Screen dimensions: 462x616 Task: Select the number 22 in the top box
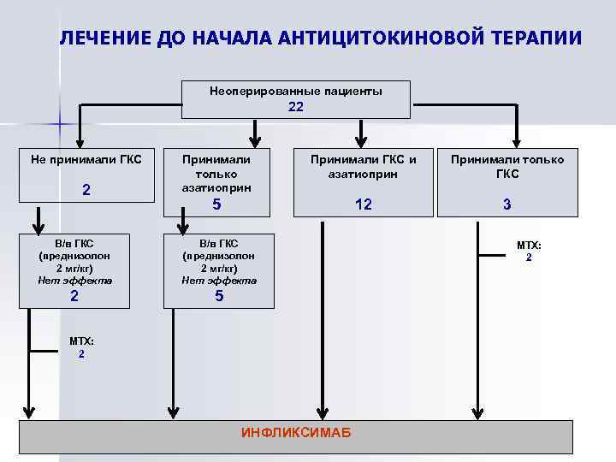coord(296,107)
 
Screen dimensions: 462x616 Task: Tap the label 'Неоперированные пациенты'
coord(296,91)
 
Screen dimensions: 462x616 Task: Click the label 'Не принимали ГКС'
coord(86,158)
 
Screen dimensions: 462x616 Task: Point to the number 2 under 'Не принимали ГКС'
coord(86,189)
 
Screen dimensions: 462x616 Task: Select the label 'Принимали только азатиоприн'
coord(217,172)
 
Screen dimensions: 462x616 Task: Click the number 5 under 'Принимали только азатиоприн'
coord(217,205)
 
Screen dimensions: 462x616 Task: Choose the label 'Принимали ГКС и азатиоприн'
coord(364,165)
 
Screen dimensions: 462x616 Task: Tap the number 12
coord(364,205)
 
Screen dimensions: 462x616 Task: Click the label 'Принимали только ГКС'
coord(507,165)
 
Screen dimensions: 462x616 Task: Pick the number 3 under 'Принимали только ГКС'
coord(507,205)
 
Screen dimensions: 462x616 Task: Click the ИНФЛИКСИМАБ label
coord(296,433)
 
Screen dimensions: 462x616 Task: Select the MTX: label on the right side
coord(529,246)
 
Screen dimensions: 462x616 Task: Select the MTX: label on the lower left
coord(81,341)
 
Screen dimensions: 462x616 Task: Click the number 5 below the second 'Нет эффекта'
coord(219,296)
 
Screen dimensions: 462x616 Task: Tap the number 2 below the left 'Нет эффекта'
coord(74,296)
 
